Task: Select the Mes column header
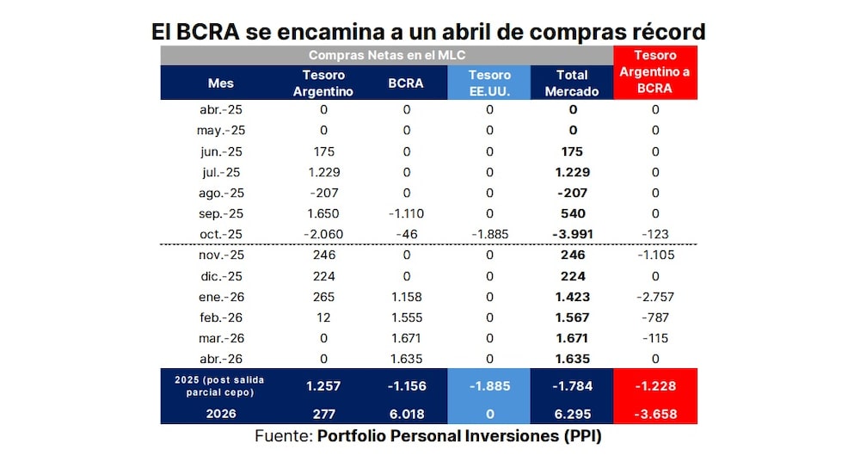[x=220, y=83]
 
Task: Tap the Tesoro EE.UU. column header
[x=489, y=83]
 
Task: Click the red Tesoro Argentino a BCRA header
[x=654, y=72]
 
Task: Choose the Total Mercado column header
[x=572, y=83]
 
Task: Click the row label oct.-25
[x=221, y=234]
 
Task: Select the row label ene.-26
[x=221, y=297]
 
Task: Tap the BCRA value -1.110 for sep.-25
[x=406, y=213]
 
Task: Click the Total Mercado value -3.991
[x=572, y=234]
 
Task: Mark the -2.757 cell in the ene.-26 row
[x=654, y=297]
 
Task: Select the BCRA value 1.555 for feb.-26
[x=406, y=317]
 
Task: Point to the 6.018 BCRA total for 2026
[x=406, y=414]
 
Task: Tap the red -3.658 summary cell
[x=654, y=414]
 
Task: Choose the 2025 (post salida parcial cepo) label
[x=220, y=386]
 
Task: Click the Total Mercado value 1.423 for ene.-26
[x=572, y=297]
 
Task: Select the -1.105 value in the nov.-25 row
[x=654, y=255]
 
